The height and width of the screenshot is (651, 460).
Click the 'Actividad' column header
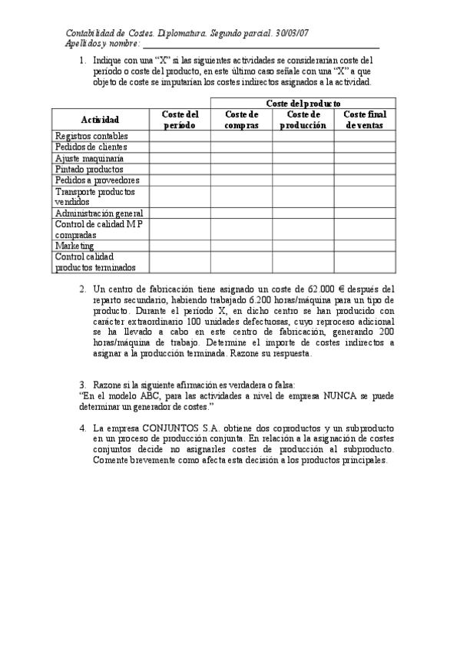click(100, 120)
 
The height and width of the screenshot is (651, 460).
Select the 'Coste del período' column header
click(180, 120)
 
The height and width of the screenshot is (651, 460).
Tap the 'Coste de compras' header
click(241, 120)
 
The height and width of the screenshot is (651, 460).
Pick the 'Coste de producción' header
click(303, 120)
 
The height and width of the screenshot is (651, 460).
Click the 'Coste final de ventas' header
click(364, 120)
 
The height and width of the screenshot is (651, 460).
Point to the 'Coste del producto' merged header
click(303, 103)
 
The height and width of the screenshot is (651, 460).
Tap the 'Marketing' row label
click(74, 246)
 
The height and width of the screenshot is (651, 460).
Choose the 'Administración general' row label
click(98, 213)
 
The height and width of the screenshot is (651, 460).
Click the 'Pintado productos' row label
click(84, 169)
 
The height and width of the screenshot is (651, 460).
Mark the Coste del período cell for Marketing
click(180, 246)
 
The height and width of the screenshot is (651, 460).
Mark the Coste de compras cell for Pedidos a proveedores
click(241, 180)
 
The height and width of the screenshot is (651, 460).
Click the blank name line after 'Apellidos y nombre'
click(269, 45)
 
